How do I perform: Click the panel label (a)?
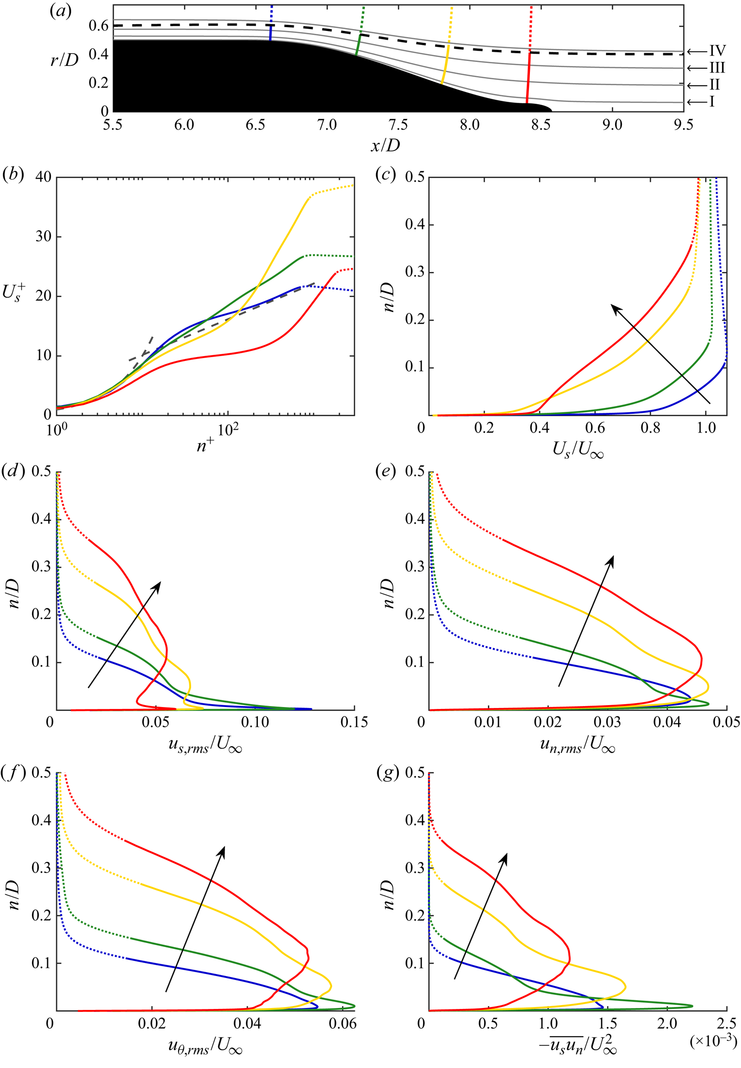click(60, 11)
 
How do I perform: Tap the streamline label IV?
click(717, 51)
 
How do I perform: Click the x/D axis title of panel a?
click(385, 145)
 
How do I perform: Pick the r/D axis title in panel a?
click(64, 60)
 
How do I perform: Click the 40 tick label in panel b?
click(43, 177)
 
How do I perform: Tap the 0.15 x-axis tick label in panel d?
click(354, 722)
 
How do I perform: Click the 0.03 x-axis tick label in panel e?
click(607, 722)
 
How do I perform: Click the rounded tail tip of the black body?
click(550, 109)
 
